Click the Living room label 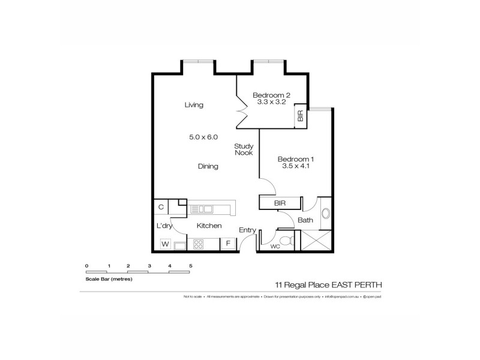click(x=194, y=105)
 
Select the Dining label click(x=208, y=166)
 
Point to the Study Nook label click(x=244, y=149)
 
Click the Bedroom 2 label click(x=271, y=95)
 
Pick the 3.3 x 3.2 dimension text click(x=271, y=102)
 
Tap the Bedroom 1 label click(x=296, y=159)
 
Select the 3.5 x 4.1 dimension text click(x=296, y=167)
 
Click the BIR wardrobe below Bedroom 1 click(x=280, y=203)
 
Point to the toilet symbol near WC click(x=287, y=241)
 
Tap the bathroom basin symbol click(x=326, y=212)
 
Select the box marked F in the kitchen click(x=228, y=244)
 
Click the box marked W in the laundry click(x=165, y=244)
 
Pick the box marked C click(x=161, y=207)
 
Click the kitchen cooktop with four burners click(x=199, y=244)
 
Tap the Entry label click(x=247, y=230)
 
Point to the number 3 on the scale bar click(x=149, y=265)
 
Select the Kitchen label click(x=209, y=226)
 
